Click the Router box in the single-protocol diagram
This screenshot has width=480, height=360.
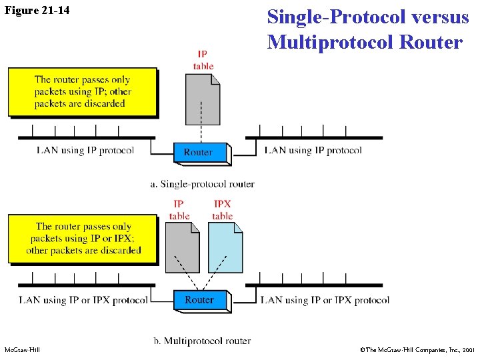[198, 152]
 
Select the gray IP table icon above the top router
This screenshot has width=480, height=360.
[203, 99]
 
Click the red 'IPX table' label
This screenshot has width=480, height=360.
[223, 210]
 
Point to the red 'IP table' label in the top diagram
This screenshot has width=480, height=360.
[203, 60]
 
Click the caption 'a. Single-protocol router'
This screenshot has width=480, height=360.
[202, 184]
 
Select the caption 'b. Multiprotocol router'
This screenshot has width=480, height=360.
[202, 341]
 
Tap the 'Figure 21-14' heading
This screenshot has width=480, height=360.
[37, 11]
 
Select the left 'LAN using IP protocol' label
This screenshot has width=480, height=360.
[85, 150]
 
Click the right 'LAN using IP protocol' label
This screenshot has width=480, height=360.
[313, 150]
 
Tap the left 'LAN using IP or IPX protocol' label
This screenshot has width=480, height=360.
[83, 300]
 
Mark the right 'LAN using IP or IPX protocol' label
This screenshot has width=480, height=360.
[325, 300]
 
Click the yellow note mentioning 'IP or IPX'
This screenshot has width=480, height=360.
[83, 238]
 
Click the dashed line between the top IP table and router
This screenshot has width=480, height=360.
[201, 133]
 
